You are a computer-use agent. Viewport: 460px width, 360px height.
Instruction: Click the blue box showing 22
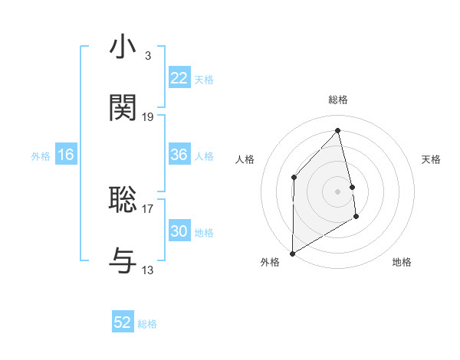(179, 78)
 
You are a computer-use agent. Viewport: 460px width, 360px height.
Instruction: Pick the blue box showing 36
(179, 155)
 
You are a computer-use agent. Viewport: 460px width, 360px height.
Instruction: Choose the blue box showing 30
(179, 231)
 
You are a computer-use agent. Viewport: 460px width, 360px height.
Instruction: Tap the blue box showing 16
(65, 155)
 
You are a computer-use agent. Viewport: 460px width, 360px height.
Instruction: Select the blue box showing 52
(123, 322)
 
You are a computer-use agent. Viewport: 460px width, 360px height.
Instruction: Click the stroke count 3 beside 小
(147, 56)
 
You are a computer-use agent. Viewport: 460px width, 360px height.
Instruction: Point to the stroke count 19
(148, 117)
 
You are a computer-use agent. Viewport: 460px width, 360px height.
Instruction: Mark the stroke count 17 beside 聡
(148, 208)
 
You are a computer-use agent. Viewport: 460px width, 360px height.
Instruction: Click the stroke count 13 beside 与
(148, 270)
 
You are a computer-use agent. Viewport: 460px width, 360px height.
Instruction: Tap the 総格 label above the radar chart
(338, 100)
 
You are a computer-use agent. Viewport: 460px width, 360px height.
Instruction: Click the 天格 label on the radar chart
(432, 159)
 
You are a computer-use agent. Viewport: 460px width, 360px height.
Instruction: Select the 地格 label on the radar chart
(402, 263)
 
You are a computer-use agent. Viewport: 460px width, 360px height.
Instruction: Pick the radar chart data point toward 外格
(293, 253)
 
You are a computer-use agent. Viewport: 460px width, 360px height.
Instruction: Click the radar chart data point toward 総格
(338, 130)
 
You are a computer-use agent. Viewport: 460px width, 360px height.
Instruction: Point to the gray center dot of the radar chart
(338, 191)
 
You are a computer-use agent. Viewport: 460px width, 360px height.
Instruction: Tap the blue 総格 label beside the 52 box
(147, 324)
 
